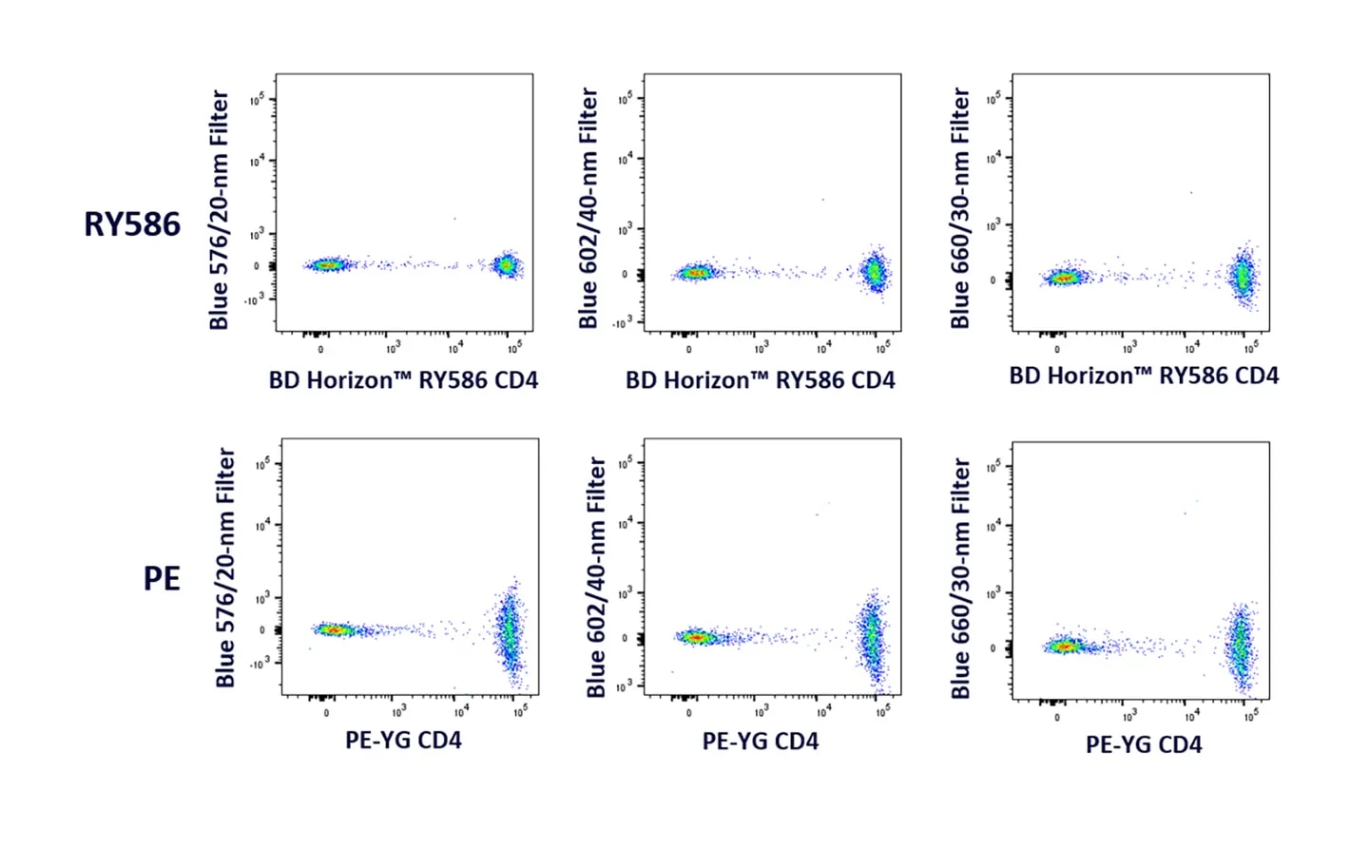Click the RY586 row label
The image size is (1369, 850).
click(x=132, y=224)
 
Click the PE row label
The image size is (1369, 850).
click(x=162, y=578)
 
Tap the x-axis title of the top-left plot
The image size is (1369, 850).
click(x=403, y=380)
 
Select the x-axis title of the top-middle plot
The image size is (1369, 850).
click(x=760, y=380)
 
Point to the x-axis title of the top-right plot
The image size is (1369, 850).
click(x=1143, y=376)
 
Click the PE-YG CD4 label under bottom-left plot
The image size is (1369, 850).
click(x=403, y=740)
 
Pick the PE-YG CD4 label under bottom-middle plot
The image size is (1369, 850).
click(x=760, y=742)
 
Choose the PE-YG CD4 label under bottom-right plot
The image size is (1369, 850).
click(x=1143, y=744)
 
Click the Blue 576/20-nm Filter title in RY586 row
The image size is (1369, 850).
click(x=220, y=210)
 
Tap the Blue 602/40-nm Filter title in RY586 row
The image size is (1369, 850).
click(x=588, y=208)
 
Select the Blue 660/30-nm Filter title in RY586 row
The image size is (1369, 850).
click(x=960, y=208)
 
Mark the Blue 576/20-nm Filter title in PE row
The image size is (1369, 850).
click(x=225, y=568)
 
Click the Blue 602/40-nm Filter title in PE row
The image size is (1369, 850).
click(x=596, y=577)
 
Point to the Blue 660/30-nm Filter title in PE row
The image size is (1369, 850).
click(x=960, y=578)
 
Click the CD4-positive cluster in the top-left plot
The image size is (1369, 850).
click(x=507, y=265)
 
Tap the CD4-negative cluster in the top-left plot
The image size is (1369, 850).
click(x=328, y=265)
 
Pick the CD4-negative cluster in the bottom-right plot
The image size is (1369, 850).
click(x=1064, y=647)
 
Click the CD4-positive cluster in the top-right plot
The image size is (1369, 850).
click(x=1243, y=278)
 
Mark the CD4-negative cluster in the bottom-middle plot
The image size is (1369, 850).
click(x=697, y=637)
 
